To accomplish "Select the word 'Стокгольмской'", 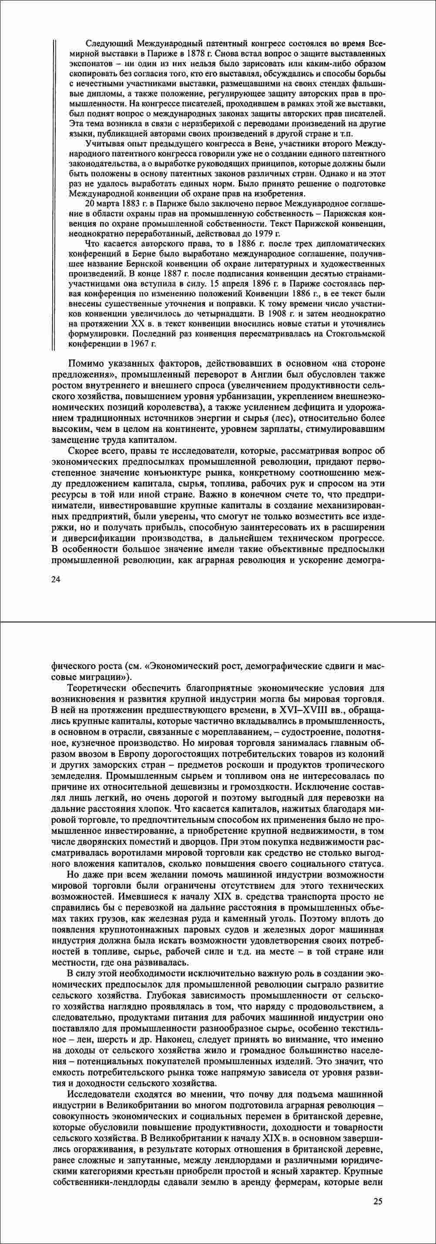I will (356, 334).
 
